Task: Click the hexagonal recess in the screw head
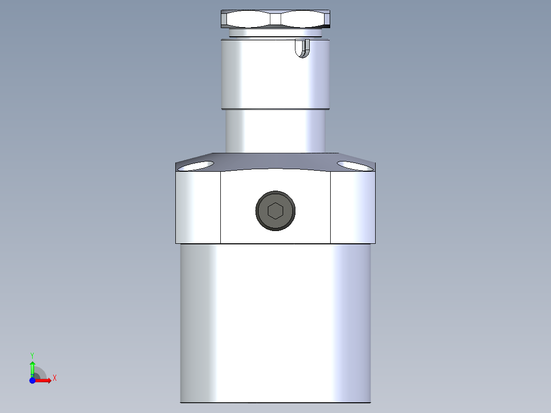275,210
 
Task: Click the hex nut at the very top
275,19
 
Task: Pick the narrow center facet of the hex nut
275,19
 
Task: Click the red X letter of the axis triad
55,378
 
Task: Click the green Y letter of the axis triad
32,355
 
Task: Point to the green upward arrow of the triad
32,367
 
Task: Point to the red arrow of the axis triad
44,381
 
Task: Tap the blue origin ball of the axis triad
33,381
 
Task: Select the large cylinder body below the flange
275,322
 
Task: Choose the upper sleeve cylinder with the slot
266,77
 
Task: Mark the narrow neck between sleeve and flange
275,131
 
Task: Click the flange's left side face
198,208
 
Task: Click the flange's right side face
353,208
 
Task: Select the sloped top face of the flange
275,161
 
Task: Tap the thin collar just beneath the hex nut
275,33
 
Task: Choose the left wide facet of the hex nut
248,19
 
